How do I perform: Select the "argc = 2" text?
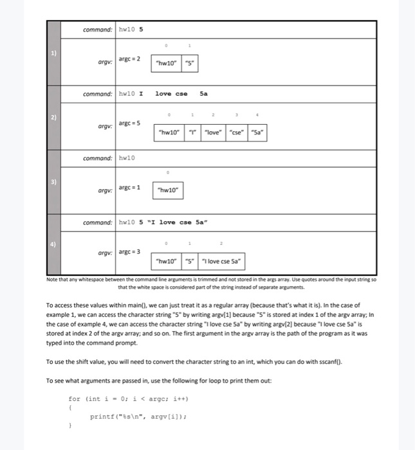129,59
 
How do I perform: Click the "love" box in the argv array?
214,132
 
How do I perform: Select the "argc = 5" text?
129,122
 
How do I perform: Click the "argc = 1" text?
129,186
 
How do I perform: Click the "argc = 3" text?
129,251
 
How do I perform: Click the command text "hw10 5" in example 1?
131,30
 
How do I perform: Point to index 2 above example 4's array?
222,244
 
